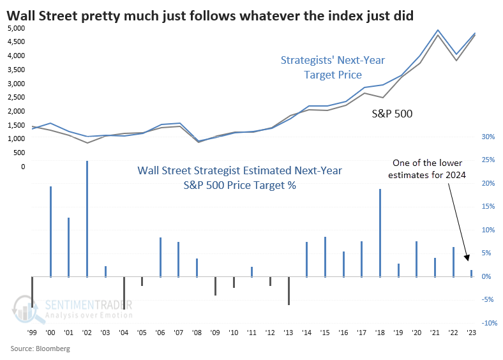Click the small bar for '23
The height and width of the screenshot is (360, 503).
(471, 273)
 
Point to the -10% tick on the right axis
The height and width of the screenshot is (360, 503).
(488, 323)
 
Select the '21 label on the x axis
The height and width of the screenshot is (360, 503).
(435, 333)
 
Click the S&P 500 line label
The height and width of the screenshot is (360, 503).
(392, 114)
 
